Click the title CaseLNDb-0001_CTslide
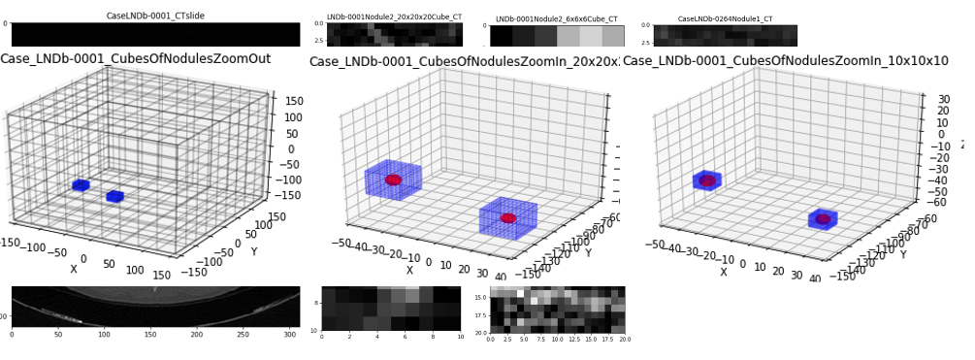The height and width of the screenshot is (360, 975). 155,16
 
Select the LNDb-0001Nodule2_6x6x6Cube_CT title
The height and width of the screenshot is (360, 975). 557,18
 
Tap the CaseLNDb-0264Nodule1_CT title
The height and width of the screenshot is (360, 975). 725,18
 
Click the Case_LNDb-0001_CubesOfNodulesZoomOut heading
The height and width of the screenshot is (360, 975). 135,59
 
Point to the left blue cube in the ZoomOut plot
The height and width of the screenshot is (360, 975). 81,185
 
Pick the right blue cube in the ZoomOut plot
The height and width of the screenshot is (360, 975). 114,197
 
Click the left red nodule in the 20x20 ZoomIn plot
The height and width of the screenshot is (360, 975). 393,180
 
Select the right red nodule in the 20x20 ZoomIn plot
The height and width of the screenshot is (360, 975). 508,218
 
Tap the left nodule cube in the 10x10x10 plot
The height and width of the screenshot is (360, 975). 707,180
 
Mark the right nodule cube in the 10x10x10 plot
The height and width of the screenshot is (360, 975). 823,219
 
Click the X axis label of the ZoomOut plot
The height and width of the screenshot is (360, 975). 74,269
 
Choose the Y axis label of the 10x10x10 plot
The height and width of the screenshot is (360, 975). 903,254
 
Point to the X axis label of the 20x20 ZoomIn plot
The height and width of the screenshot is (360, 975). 409,271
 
